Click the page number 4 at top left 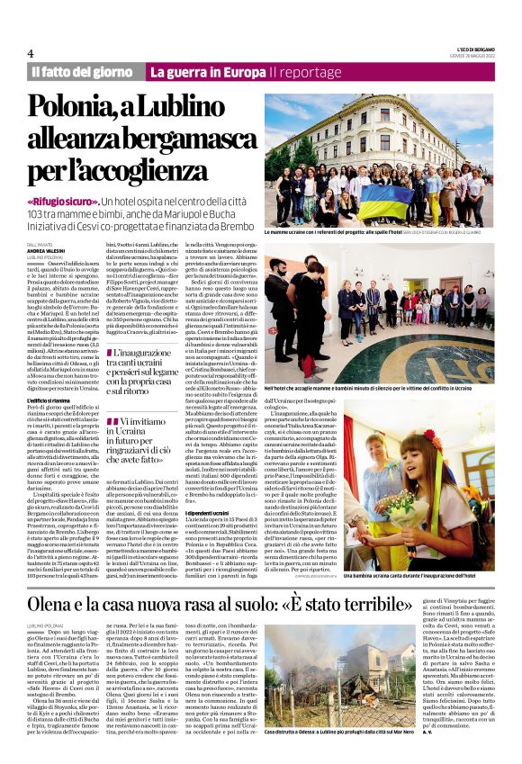[30, 52]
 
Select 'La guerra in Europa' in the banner [208, 71]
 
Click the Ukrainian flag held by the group [385, 200]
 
